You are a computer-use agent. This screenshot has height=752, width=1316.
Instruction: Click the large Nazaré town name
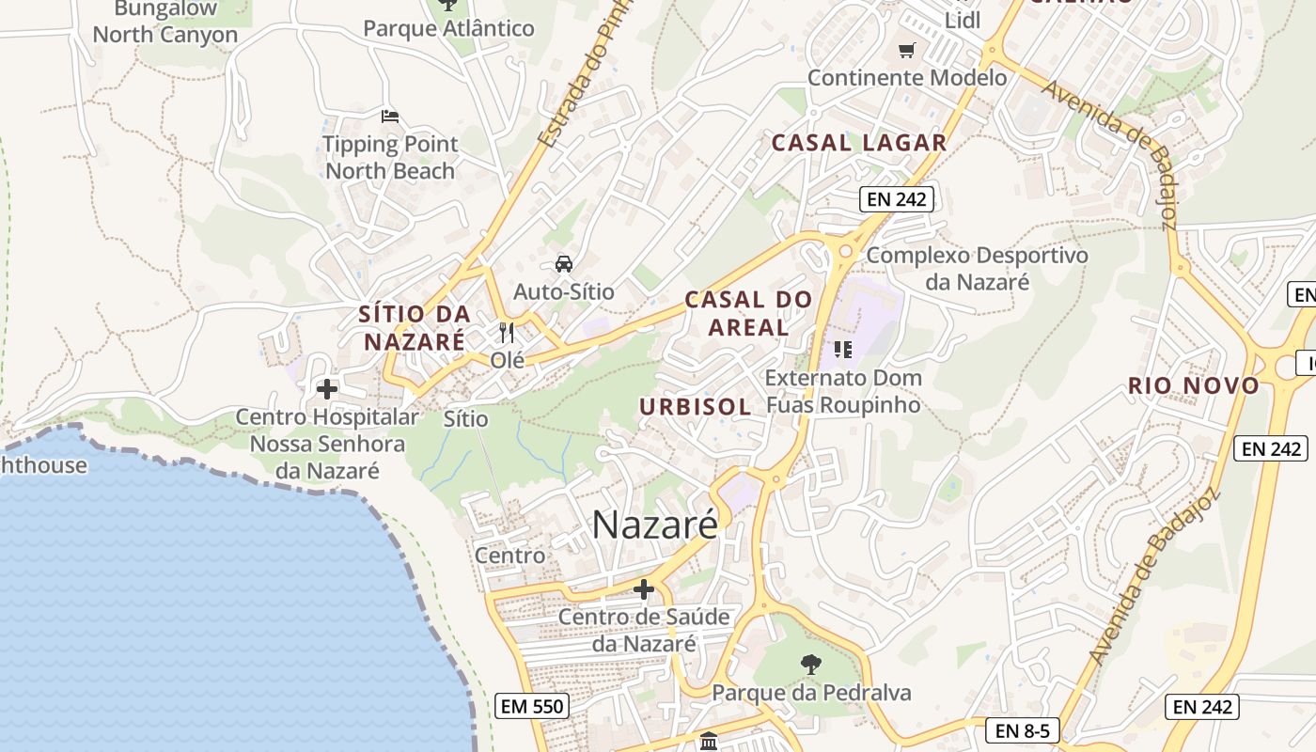(654, 525)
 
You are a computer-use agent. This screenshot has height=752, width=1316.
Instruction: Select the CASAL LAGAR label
(858, 143)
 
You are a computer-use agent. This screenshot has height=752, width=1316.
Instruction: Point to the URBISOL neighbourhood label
(696, 407)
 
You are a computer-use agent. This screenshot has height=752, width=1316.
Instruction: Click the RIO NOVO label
(1194, 385)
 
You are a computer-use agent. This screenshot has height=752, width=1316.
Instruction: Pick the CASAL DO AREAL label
(748, 314)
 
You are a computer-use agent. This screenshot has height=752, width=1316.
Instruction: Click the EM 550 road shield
(532, 706)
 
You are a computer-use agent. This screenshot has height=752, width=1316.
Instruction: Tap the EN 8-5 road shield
(1023, 730)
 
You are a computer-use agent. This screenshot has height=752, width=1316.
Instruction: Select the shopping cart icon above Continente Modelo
(906, 51)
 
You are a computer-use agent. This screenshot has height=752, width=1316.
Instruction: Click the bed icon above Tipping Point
(390, 117)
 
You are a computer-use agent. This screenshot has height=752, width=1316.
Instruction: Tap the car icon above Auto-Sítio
(563, 264)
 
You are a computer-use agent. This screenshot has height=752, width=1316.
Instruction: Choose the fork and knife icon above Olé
(507, 332)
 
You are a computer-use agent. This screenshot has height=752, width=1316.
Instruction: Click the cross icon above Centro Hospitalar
(327, 388)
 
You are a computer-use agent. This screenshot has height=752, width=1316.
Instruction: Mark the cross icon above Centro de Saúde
(644, 589)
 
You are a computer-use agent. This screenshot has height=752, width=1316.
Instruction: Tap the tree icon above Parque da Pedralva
(810, 665)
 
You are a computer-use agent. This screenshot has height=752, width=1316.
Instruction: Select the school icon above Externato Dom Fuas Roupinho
(842, 350)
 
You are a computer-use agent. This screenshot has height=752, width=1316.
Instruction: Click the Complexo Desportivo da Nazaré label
(977, 268)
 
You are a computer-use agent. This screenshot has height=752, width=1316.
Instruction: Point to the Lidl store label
(962, 21)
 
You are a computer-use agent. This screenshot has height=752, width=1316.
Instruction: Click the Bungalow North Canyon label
(165, 23)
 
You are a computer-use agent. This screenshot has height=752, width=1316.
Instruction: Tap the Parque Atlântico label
(448, 28)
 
